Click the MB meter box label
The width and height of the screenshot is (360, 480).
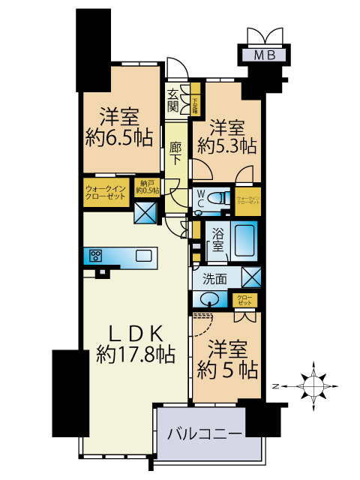pyautogui.click(x=263, y=54)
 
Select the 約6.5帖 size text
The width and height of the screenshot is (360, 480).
pyautogui.click(x=120, y=137)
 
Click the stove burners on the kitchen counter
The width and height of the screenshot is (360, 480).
pyautogui.click(x=96, y=256)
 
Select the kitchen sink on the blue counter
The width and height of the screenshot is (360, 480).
pyautogui.click(x=142, y=256)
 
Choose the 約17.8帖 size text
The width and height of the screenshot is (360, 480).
pyautogui.click(x=135, y=354)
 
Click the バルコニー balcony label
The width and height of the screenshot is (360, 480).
pyautogui.click(x=204, y=434)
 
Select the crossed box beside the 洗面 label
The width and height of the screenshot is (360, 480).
pyautogui.click(x=252, y=277)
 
